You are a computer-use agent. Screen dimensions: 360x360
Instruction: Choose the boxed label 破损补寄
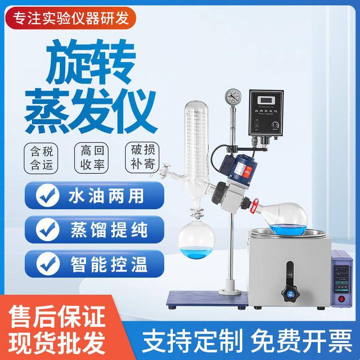143,157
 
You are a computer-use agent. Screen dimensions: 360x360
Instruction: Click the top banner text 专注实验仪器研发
71,18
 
